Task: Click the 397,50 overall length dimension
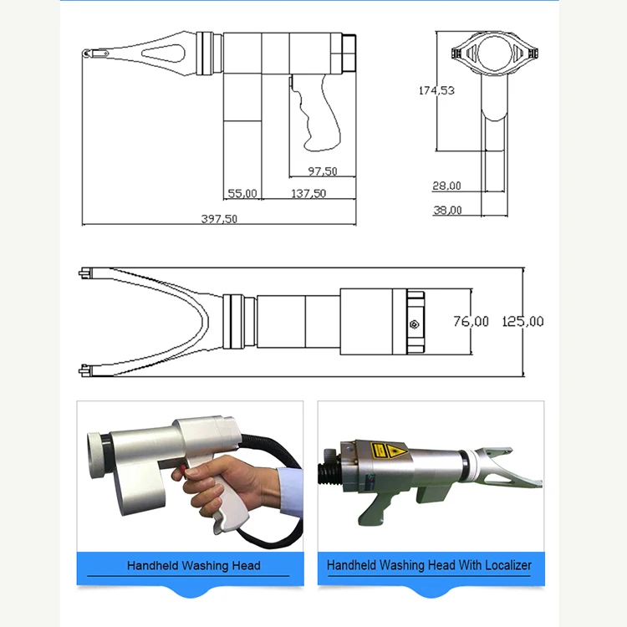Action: (220, 219)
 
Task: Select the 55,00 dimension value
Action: (242, 193)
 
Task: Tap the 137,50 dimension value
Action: (308, 193)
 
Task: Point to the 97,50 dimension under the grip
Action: (322, 171)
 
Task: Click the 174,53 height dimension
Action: (436, 90)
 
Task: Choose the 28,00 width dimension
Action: (446, 186)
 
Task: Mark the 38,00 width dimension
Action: (446, 211)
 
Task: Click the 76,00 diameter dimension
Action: (471, 321)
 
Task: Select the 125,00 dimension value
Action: (522, 321)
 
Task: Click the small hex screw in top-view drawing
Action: (414, 324)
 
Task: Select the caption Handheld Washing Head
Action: (193, 566)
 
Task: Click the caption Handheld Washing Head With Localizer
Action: (429, 566)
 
